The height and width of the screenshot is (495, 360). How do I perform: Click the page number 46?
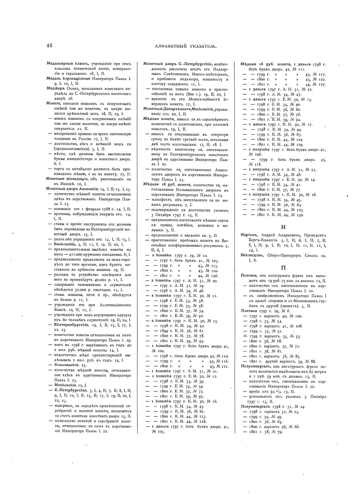[x=50, y=45]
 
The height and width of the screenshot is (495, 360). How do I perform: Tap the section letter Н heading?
[x=283, y=227]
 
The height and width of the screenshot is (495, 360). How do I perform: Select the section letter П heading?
[x=283, y=268]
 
